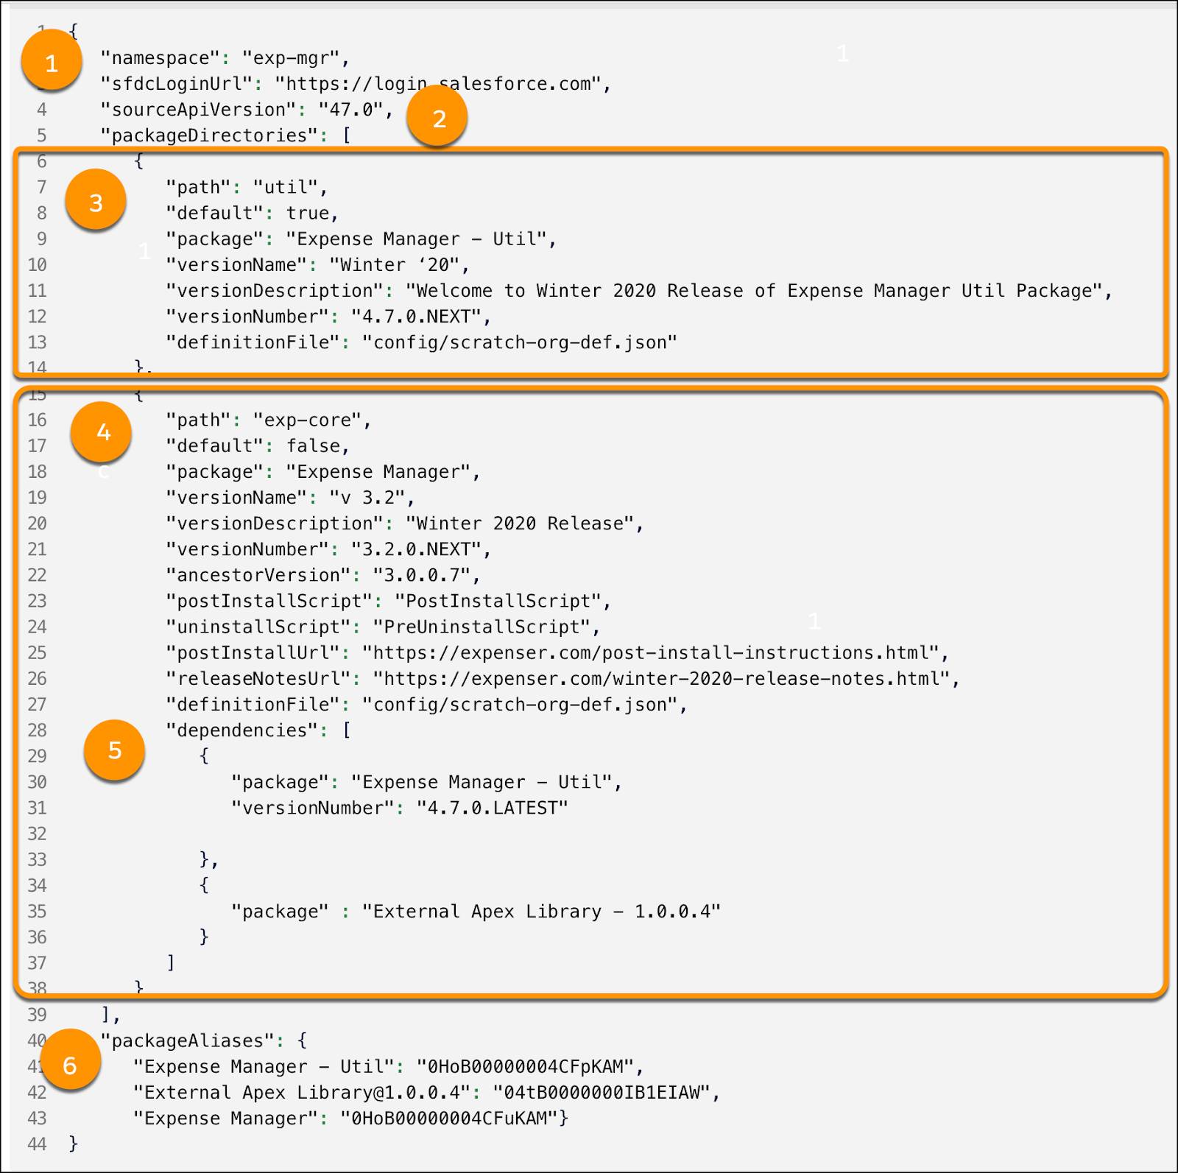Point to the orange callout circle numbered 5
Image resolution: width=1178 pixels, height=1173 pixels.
pos(114,750)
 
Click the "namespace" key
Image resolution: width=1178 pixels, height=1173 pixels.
pos(160,58)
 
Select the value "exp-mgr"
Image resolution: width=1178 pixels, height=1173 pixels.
pos(291,58)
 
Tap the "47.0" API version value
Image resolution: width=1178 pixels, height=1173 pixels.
pos(351,110)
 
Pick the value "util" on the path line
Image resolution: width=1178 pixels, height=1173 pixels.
pos(286,187)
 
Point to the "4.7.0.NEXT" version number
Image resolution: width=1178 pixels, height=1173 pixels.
pos(417,317)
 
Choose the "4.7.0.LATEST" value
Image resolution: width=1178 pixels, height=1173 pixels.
pos(493,809)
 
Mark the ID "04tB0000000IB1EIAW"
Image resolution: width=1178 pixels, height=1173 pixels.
pos(602,1093)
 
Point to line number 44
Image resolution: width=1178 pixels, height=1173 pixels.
pos(37,1144)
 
